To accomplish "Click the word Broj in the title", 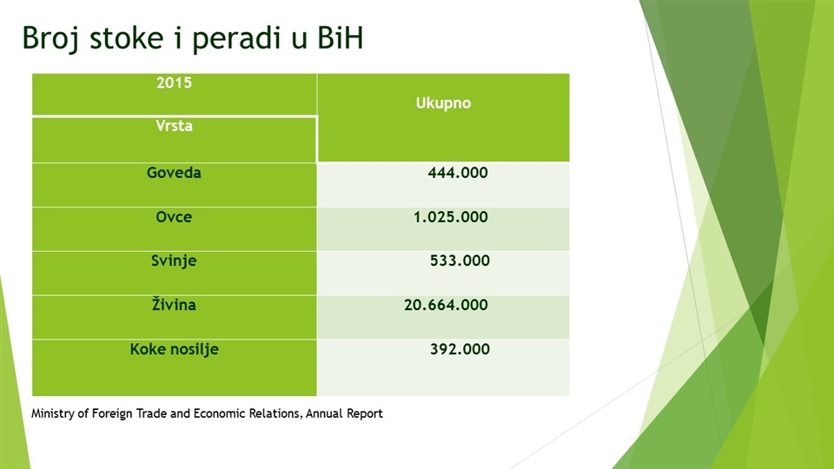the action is point(50,38).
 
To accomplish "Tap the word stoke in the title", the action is point(126,37).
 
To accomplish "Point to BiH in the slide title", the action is point(341,37).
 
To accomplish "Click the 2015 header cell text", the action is point(174,83).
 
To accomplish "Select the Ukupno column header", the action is point(443,103).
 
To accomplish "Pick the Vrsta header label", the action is point(174,126).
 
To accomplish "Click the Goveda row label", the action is point(174,173).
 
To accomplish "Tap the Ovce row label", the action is point(174,217).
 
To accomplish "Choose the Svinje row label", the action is point(174,261).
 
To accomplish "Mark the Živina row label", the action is point(174,305).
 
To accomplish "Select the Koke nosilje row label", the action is point(174,349).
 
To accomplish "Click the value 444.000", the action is point(458,173).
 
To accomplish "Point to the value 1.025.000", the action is point(451,217).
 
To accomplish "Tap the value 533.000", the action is point(460,261).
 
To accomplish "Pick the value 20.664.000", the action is point(446,305).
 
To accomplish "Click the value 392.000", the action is point(460,349).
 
